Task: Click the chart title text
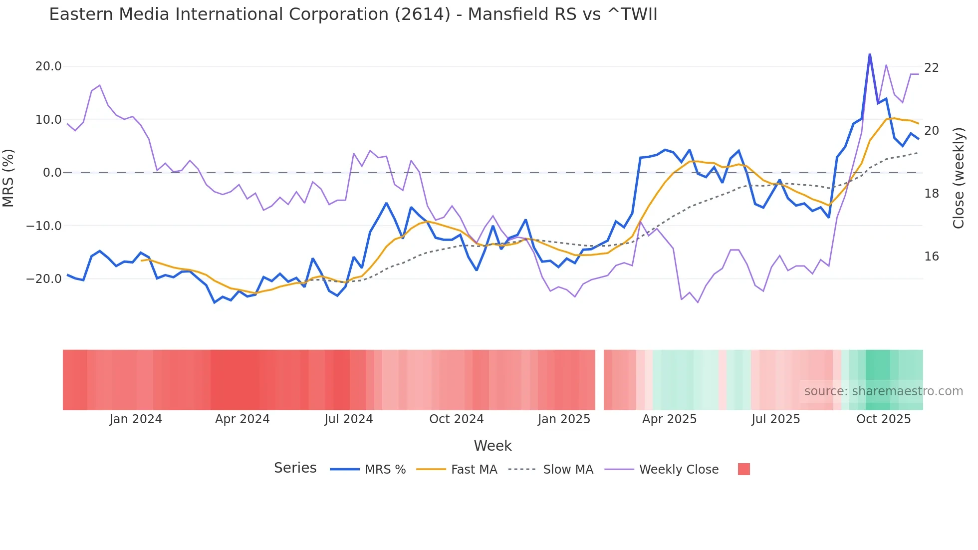[353, 14]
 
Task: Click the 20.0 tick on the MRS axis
[48, 66]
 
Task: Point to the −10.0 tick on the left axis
[44, 226]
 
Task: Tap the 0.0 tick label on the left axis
[52, 173]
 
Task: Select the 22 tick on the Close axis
[931, 68]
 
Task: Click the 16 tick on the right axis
[931, 257]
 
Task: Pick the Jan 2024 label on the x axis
[136, 419]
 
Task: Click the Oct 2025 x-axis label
[883, 419]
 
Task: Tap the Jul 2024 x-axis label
[348, 419]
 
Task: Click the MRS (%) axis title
[8, 178]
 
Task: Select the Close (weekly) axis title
[958, 178]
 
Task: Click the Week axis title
[492, 446]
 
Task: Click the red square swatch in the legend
[743, 469]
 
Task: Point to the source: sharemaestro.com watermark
[883, 391]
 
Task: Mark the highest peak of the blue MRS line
[870, 54]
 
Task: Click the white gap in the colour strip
[599, 380]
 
